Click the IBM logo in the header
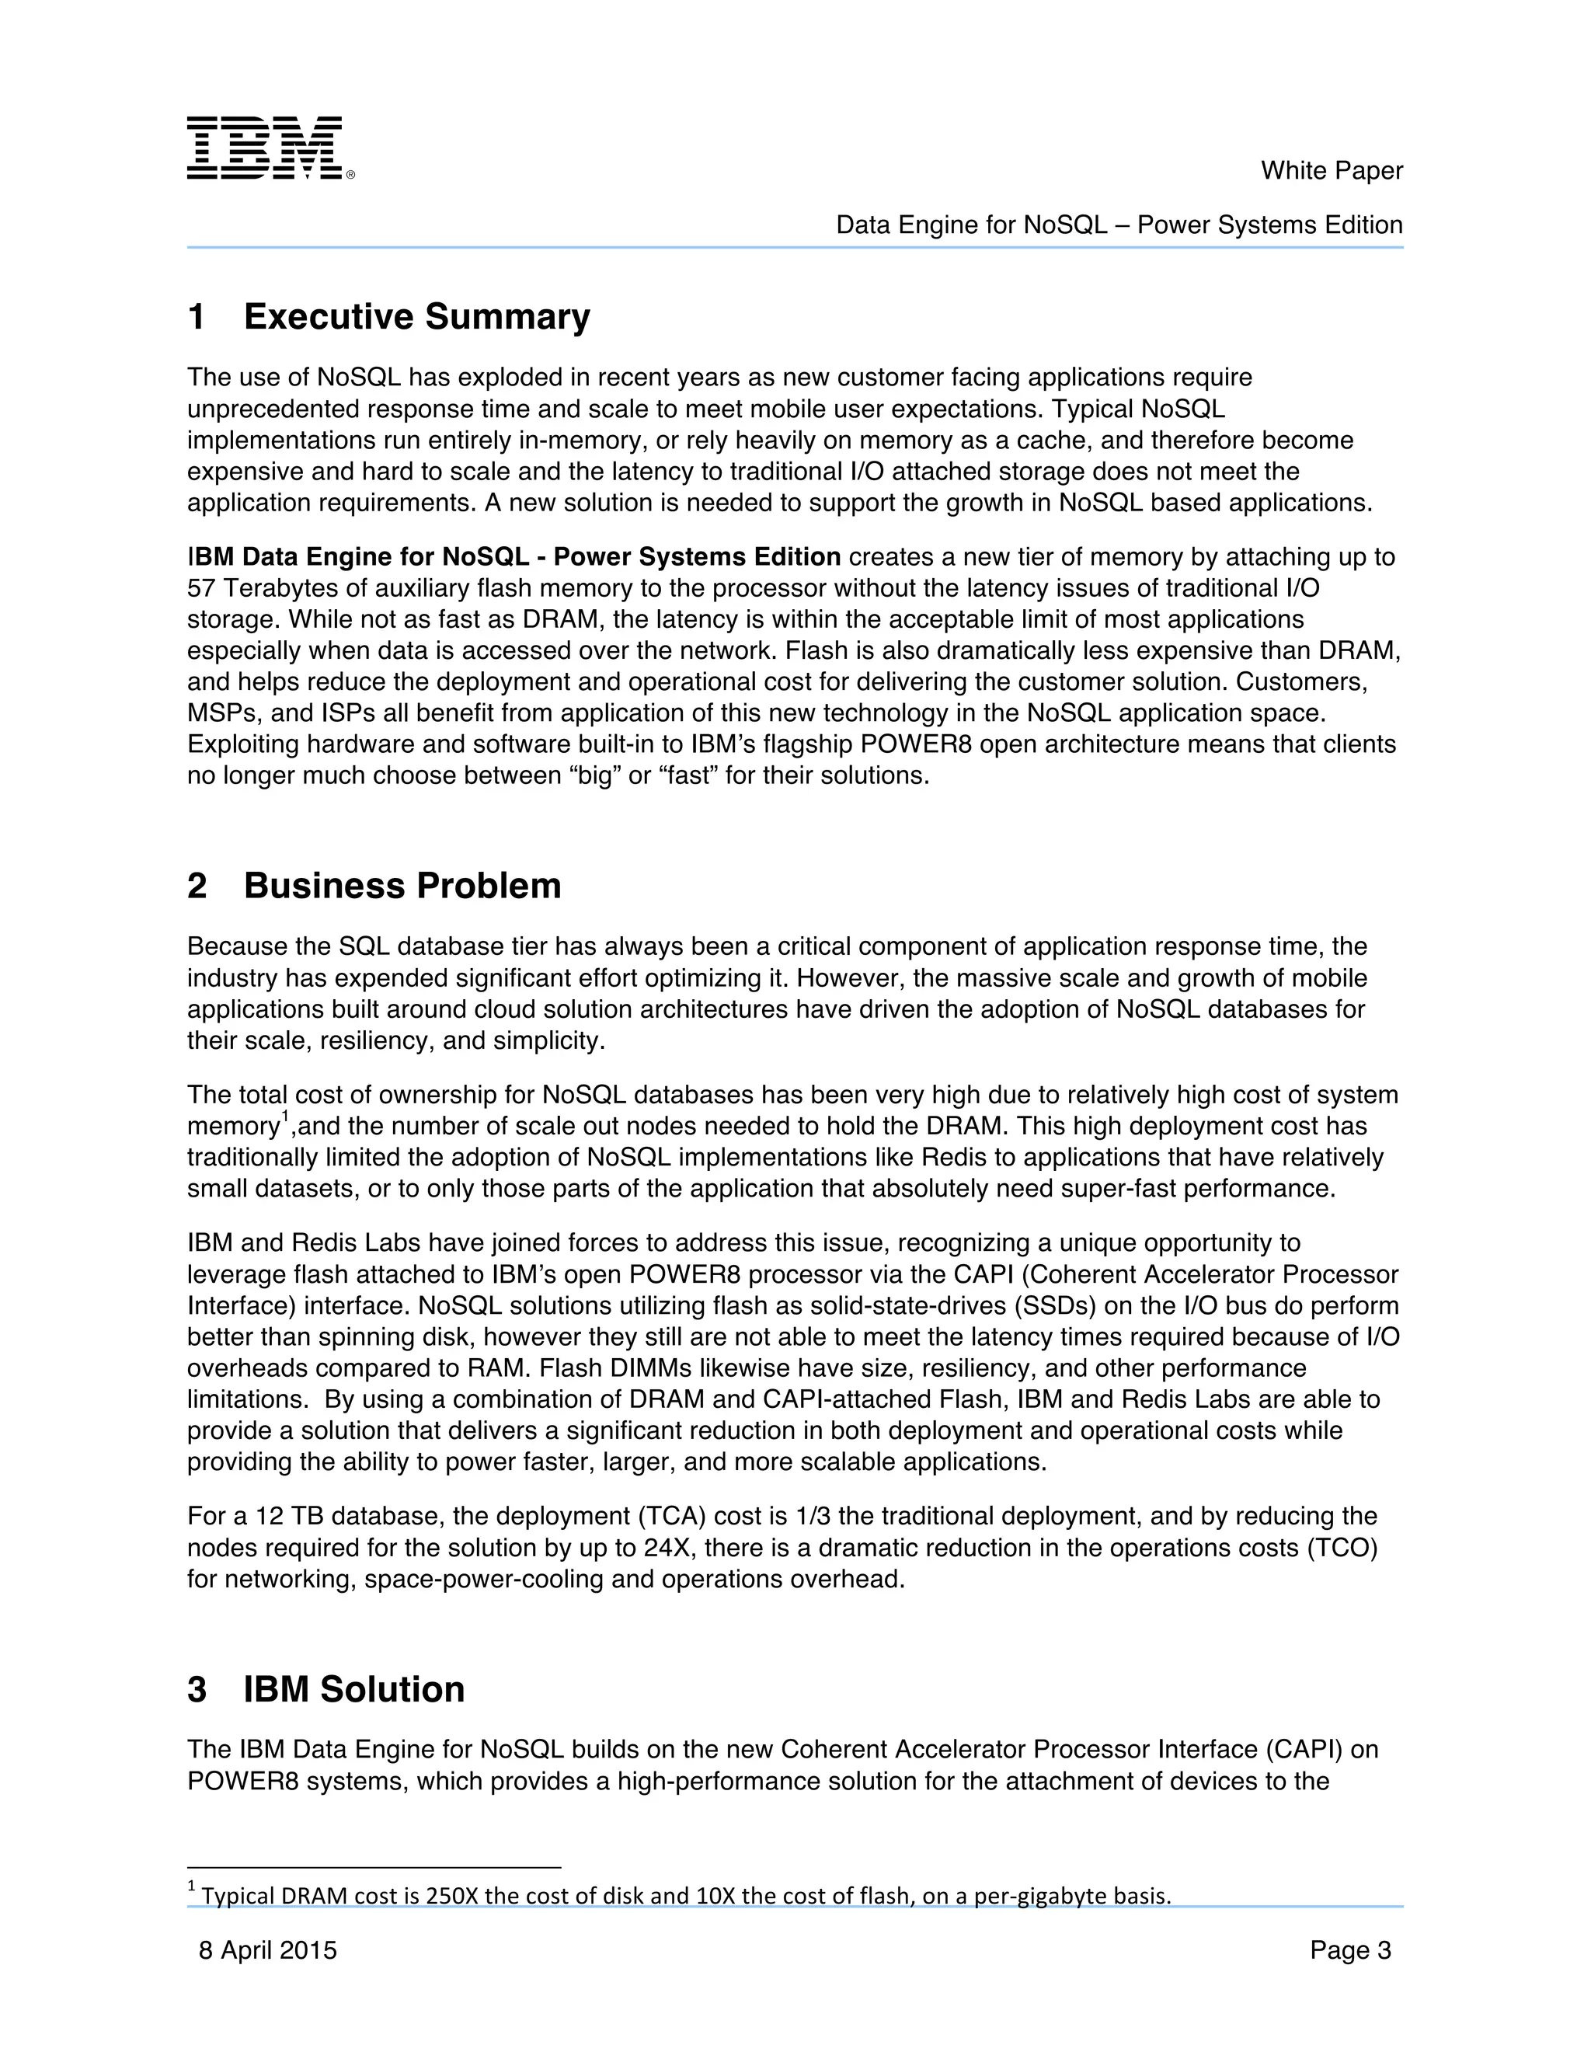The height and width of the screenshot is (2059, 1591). pos(269,148)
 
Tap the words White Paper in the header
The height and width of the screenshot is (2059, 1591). pos(1331,171)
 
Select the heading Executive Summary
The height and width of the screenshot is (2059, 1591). pos(416,317)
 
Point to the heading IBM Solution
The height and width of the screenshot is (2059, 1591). pos(353,1689)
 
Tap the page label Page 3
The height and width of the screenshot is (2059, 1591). pos(1349,1950)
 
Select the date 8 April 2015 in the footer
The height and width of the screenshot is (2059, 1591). pos(268,1950)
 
